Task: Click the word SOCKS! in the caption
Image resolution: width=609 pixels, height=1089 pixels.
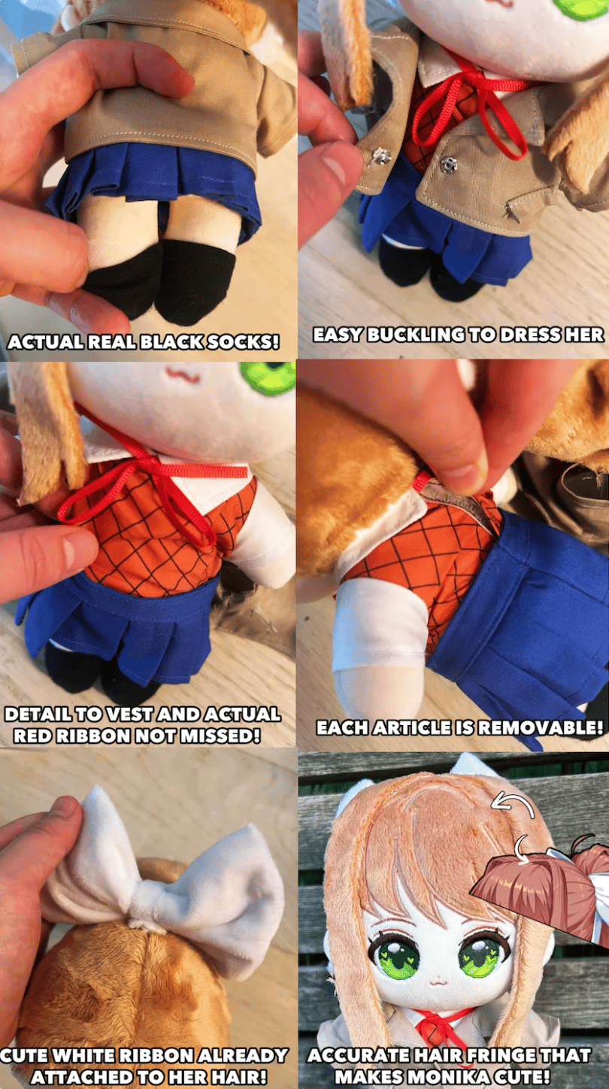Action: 243,342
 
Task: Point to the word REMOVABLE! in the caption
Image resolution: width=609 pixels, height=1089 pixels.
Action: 540,727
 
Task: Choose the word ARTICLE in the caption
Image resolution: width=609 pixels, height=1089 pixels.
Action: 413,727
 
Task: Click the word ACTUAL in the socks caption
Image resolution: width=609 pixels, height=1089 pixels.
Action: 46,342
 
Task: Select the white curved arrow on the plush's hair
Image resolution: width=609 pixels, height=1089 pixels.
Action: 513,805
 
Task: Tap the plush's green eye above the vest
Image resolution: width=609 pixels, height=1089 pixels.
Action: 268,377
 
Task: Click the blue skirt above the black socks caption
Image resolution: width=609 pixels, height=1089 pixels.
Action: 150,185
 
